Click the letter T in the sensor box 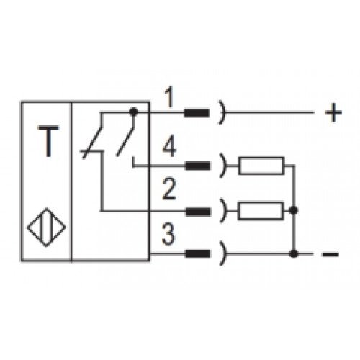tap(48, 142)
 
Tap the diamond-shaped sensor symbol tap(46, 228)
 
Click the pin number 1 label tap(170, 97)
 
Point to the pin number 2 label tap(169, 189)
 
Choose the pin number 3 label tap(168, 234)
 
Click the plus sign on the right tap(333, 112)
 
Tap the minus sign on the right tap(330, 254)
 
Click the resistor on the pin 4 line tap(261, 166)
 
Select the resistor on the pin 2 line tap(261, 211)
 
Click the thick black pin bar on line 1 tap(197, 113)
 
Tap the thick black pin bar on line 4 tap(197, 166)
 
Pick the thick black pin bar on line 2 tap(198, 212)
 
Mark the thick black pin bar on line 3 tap(197, 254)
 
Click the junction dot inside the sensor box tap(133, 112)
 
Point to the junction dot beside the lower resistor tap(293, 210)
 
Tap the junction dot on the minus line tap(293, 253)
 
